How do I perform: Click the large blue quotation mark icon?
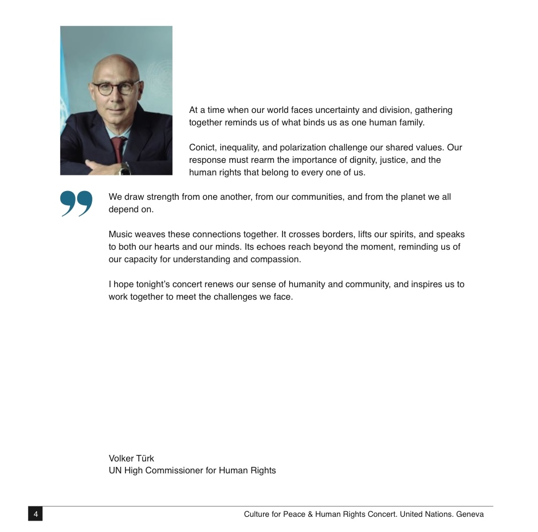[77, 204]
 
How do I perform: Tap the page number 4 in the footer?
[35, 514]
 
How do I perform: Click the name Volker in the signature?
[122, 458]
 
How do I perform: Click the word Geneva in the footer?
[470, 514]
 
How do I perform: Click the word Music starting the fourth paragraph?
[120, 235]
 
